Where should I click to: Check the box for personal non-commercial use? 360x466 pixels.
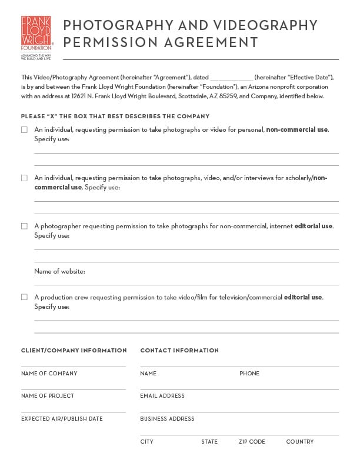24,129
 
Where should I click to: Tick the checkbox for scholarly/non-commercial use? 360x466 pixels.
24,178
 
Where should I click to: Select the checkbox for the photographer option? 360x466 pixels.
24,226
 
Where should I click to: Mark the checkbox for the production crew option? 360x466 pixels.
24,297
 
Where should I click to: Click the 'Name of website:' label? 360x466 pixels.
59,271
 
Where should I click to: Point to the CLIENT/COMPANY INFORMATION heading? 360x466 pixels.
74,351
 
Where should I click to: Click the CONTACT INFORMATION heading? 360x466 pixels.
179,351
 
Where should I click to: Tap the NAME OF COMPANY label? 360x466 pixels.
49,374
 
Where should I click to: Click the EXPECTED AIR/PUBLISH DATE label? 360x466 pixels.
62,419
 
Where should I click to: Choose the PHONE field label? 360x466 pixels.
249,374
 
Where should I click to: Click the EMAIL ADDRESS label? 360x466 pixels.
162,396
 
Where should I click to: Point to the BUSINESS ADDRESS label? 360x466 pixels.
167,419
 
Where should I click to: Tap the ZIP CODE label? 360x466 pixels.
252,441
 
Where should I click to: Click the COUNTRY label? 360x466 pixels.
300,441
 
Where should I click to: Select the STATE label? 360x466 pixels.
209,441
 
